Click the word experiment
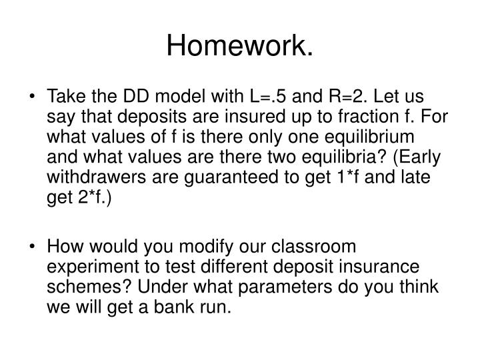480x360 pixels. (87, 265)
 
